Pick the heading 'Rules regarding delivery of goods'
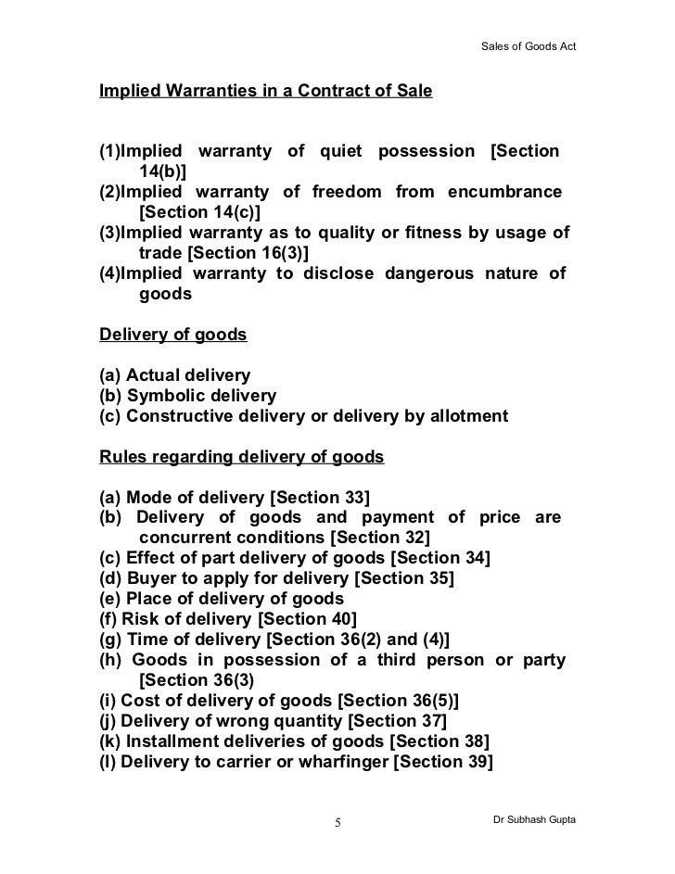241,457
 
